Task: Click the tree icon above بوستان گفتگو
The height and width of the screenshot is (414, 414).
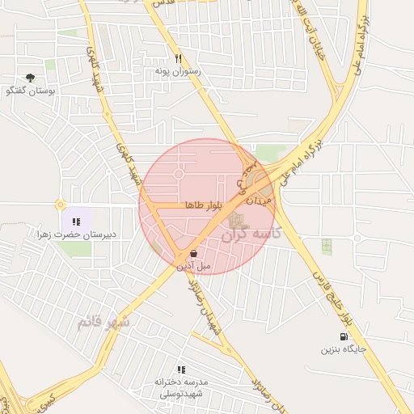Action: [x=30, y=78]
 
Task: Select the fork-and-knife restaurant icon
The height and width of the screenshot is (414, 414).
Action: [x=178, y=58]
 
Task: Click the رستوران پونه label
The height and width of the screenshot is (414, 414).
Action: [x=177, y=71]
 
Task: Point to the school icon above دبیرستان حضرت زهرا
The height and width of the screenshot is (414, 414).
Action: [x=76, y=221]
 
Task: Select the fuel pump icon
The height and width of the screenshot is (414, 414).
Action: [x=345, y=336]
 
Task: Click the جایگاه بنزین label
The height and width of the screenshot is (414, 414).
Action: [x=344, y=349]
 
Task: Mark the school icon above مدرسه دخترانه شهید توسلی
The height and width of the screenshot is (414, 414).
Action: [x=181, y=369]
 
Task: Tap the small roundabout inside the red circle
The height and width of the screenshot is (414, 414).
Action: [x=178, y=174]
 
